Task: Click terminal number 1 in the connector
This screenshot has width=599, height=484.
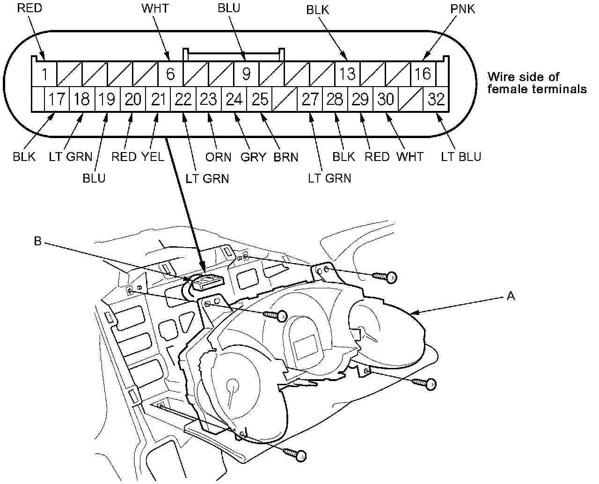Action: click(44, 74)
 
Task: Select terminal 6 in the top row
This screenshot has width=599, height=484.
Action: click(170, 74)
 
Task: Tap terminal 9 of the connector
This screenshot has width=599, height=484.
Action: click(247, 74)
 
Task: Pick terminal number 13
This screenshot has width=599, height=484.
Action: click(348, 74)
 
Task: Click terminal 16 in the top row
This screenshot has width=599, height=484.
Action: click(424, 74)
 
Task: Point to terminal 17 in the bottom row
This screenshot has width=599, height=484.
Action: click(57, 99)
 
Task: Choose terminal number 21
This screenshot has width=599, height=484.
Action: click(158, 99)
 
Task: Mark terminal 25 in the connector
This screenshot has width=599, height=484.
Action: click(259, 99)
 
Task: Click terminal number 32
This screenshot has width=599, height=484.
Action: click(436, 99)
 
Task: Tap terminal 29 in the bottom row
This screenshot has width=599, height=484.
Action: click(360, 99)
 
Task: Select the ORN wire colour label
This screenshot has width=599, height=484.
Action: click(218, 157)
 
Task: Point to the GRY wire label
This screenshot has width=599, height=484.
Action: click(253, 157)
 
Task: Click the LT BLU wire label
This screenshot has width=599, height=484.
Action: click(461, 156)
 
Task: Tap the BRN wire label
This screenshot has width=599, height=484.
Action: click(286, 157)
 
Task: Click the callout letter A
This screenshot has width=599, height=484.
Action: click(511, 296)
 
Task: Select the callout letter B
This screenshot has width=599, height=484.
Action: click(38, 242)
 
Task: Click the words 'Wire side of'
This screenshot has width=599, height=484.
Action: click(523, 77)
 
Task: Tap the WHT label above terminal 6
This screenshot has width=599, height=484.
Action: click(155, 9)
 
